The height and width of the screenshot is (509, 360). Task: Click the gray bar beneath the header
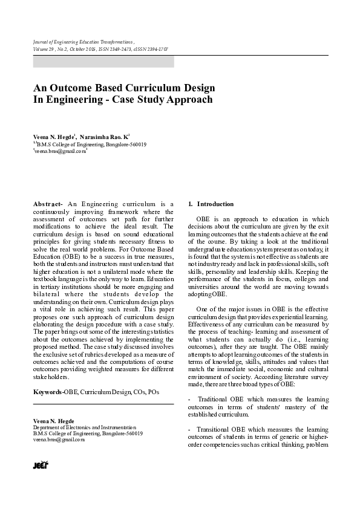tap(103, 62)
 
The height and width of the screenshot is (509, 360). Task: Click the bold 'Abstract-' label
tap(48, 204)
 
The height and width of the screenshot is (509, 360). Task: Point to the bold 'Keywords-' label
tap(48, 392)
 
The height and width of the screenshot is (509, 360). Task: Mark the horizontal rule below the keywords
tap(103, 404)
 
